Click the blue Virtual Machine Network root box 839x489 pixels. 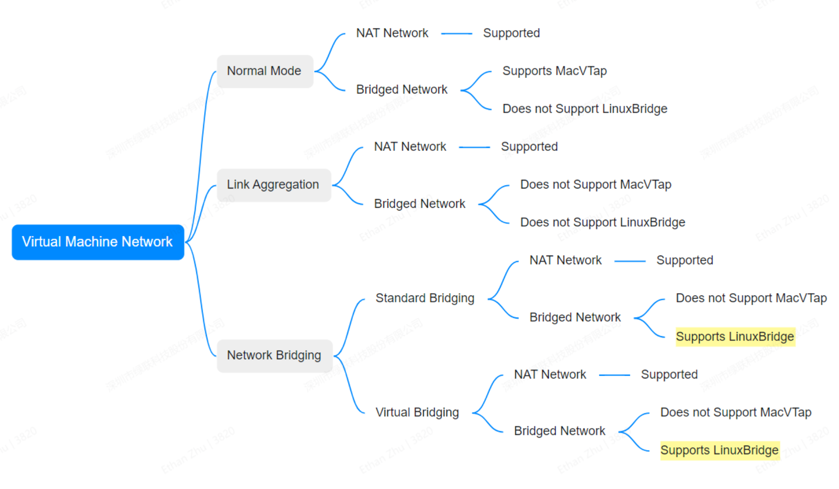(x=98, y=242)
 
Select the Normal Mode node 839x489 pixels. (x=265, y=71)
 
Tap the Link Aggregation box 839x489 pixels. (x=273, y=185)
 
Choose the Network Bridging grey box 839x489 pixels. (x=274, y=356)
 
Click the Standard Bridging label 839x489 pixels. (x=425, y=298)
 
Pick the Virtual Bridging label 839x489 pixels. (x=417, y=412)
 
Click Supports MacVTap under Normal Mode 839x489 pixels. (x=554, y=71)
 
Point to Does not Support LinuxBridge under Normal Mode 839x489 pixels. (x=585, y=109)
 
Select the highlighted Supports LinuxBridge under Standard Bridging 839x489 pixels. (x=734, y=337)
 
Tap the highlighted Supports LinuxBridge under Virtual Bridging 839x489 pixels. (x=719, y=450)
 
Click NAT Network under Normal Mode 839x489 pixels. (x=392, y=33)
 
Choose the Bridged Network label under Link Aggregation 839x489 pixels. (x=419, y=204)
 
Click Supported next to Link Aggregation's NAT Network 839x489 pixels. (x=529, y=147)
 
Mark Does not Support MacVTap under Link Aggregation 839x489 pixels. (x=595, y=185)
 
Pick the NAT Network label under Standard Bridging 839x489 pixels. (x=565, y=261)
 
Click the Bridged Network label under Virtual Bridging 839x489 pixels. (x=559, y=431)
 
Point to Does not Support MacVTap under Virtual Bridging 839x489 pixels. (x=735, y=412)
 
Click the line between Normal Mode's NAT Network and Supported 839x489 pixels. (x=456, y=33)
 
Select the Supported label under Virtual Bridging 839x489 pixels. (x=669, y=375)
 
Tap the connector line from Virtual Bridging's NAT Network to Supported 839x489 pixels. (x=614, y=375)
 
